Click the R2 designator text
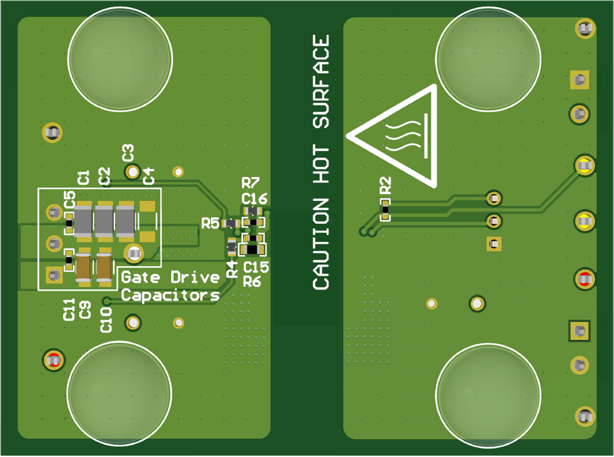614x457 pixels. point(385,185)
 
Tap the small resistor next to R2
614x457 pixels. point(385,210)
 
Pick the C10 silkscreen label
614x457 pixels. point(106,320)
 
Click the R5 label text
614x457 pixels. point(210,223)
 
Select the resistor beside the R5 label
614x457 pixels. point(231,224)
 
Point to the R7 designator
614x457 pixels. point(251,183)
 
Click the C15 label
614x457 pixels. point(256,267)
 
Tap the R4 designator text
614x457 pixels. point(232,269)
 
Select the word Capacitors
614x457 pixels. point(170,295)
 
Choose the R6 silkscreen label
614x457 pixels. point(252,281)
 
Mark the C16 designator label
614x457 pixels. point(254,198)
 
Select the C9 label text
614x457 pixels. point(85,310)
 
